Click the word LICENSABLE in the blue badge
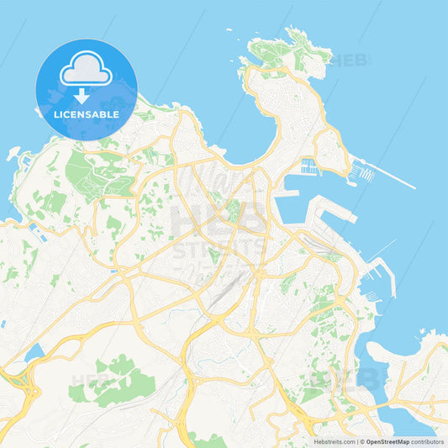click(x=87, y=113)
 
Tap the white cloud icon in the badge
click(x=87, y=68)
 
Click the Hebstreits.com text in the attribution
click(x=335, y=441)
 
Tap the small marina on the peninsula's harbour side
click(x=309, y=166)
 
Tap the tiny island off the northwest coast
click(x=13, y=155)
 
